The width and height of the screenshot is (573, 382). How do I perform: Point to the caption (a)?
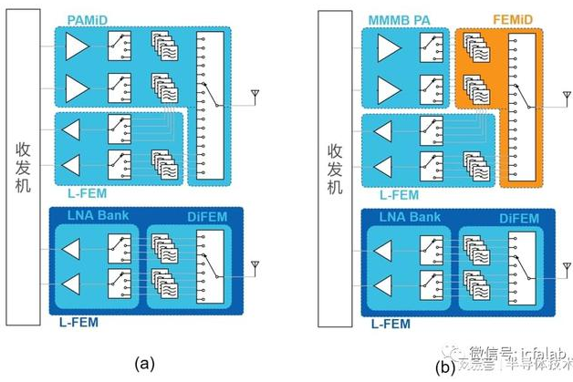142,364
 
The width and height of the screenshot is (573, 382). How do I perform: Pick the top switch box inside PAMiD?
119,46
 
